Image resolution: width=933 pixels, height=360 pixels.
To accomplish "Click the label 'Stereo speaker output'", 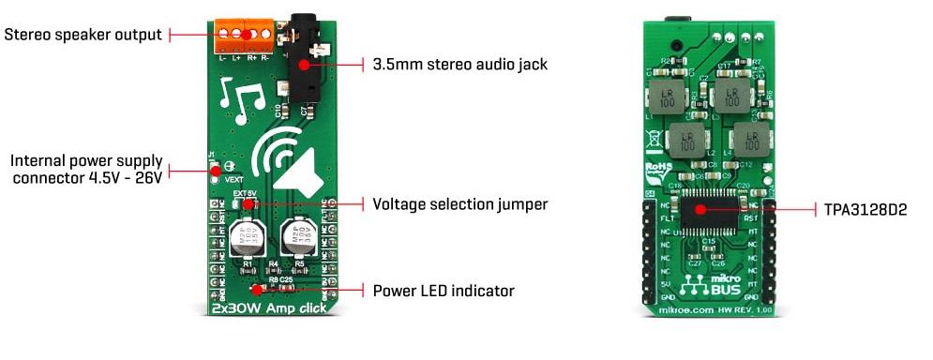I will click(x=84, y=35).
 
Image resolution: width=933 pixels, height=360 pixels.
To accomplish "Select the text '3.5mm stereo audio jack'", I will click(x=459, y=65).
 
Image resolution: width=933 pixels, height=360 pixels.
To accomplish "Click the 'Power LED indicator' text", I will click(x=444, y=291).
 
